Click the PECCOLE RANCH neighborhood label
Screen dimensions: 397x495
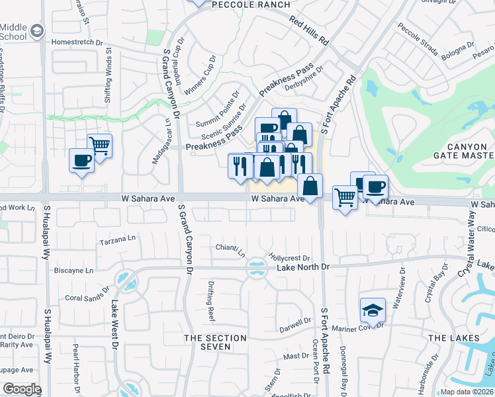click(x=251, y=5)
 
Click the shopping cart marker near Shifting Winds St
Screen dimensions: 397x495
click(x=99, y=145)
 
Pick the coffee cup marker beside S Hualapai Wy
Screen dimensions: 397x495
click(x=82, y=160)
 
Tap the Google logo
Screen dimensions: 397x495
click(x=21, y=389)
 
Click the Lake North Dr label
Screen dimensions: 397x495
click(x=302, y=267)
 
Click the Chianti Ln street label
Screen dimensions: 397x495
click(x=230, y=249)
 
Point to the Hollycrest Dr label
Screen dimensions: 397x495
click(x=289, y=257)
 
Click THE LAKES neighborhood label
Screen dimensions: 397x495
click(x=449, y=338)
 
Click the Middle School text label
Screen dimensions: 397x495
click(x=13, y=32)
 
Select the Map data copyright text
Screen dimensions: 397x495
click(x=467, y=392)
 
